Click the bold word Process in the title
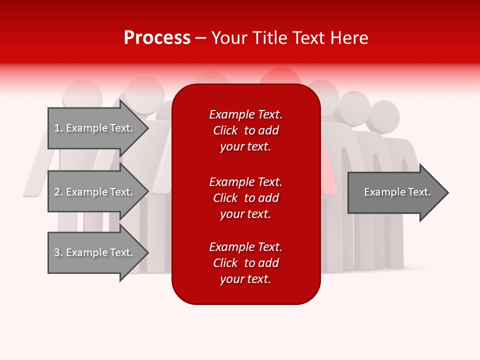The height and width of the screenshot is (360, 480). pyautogui.click(x=157, y=38)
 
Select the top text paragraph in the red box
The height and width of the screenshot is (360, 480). pyautogui.click(x=245, y=130)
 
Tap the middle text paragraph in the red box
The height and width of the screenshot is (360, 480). pyautogui.click(x=245, y=198)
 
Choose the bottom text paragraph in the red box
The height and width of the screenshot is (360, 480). pyautogui.click(x=245, y=263)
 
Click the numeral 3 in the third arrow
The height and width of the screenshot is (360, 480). pyautogui.click(x=57, y=253)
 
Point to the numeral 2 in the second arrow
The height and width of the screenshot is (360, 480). pyautogui.click(x=57, y=192)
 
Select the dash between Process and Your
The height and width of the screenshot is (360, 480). pyautogui.click(x=201, y=38)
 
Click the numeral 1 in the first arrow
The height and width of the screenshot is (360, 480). pyautogui.click(x=57, y=128)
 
